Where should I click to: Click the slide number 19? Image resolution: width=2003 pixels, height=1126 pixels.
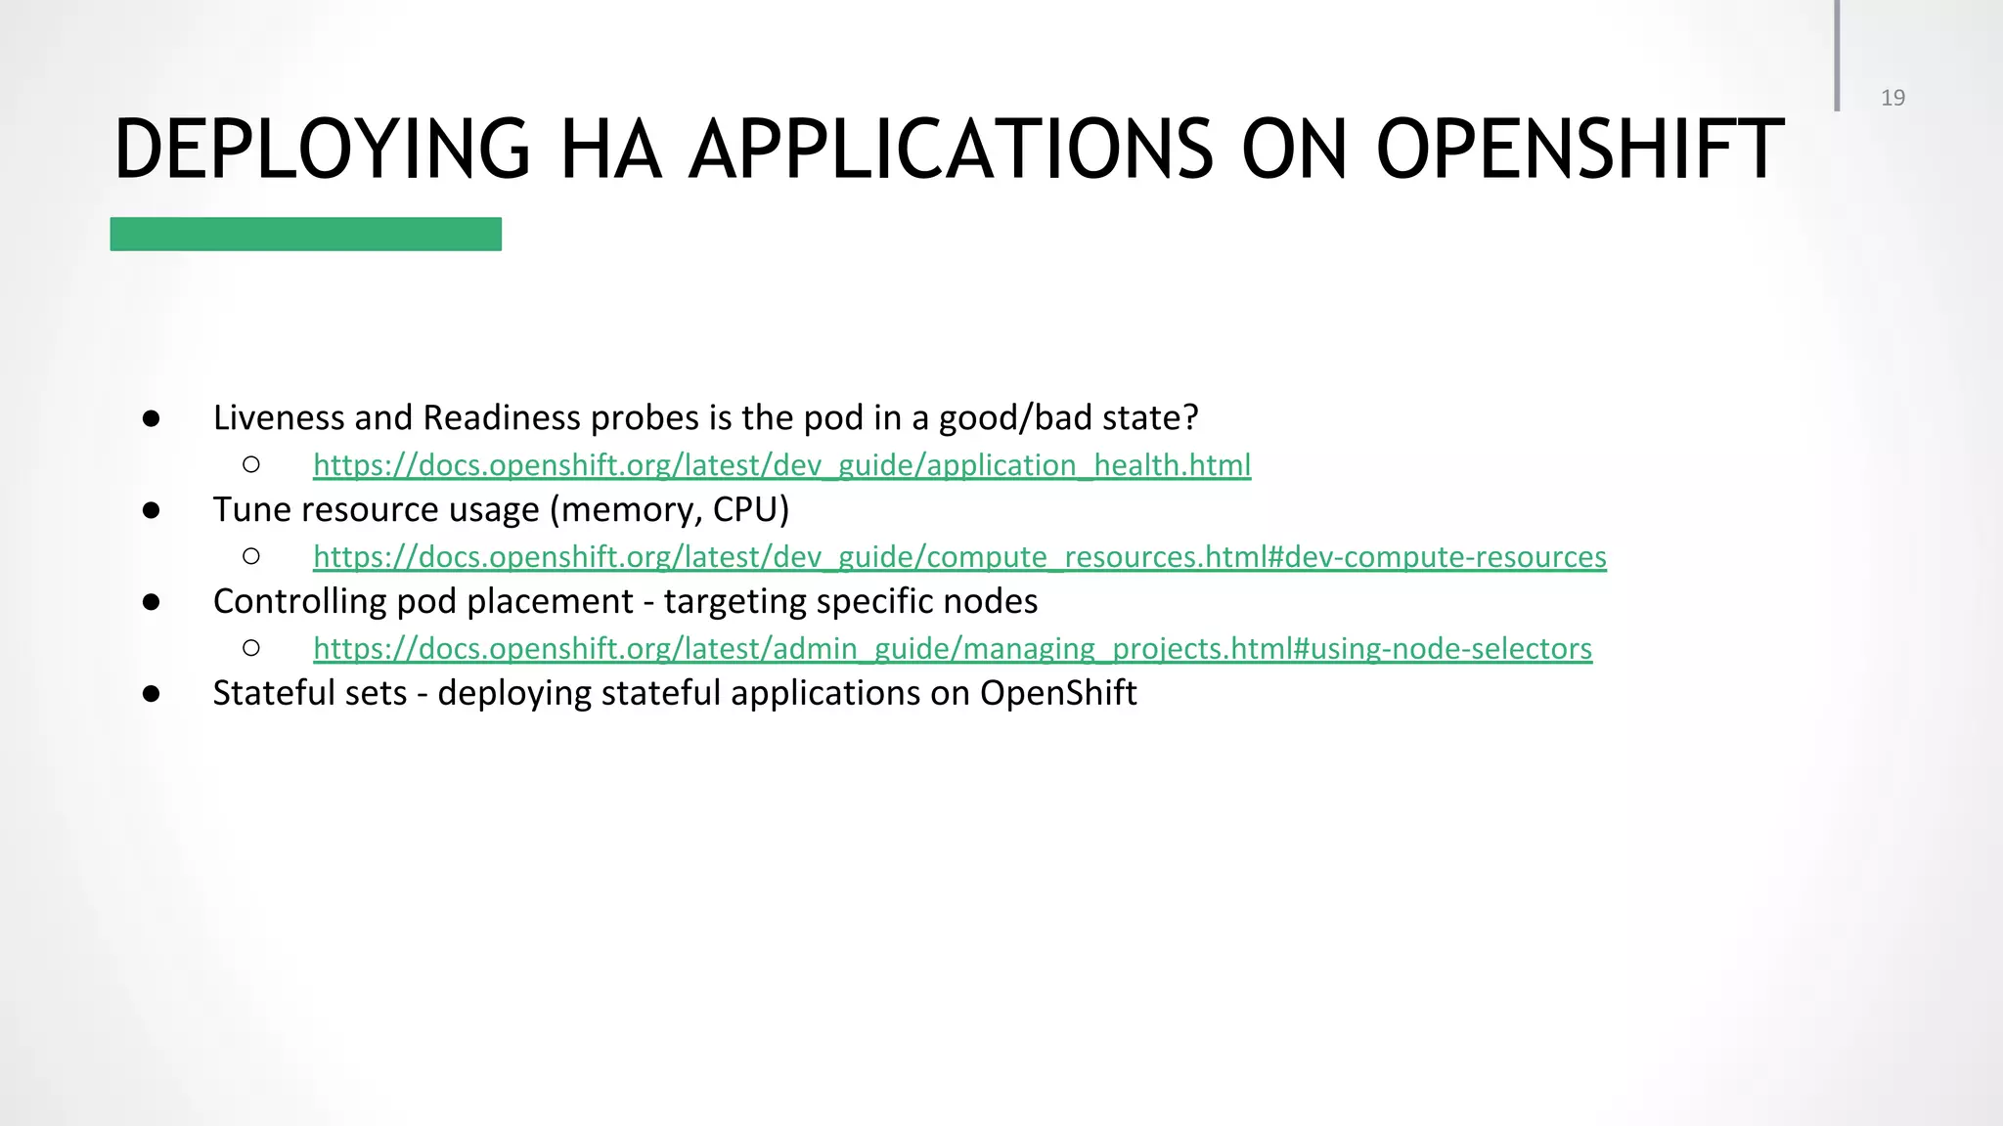click(1892, 98)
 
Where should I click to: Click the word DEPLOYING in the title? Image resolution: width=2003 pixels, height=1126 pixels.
click(322, 150)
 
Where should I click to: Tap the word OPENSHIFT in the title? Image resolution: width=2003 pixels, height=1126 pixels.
click(1580, 150)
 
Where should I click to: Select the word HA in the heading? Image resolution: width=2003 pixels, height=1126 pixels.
click(609, 150)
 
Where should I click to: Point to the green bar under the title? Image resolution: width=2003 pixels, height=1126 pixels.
click(305, 235)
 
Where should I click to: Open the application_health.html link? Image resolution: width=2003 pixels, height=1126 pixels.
click(781, 465)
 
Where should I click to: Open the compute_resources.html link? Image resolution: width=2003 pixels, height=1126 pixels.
click(959, 557)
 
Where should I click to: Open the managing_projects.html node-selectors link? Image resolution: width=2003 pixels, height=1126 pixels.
click(952, 649)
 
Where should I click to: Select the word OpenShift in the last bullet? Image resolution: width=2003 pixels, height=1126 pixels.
click(1057, 693)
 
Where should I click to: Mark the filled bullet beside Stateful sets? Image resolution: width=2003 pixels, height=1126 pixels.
click(151, 694)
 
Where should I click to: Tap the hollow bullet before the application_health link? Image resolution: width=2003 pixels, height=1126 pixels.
click(251, 465)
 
